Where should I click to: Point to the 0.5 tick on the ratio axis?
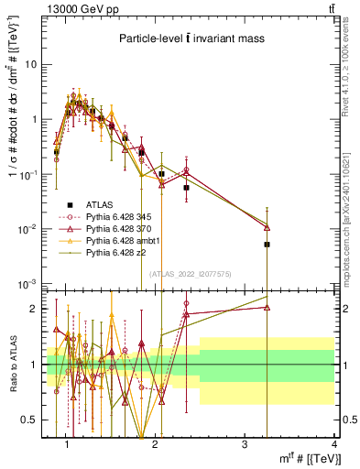pos(31,420)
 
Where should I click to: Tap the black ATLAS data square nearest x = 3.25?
pos(267,245)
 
